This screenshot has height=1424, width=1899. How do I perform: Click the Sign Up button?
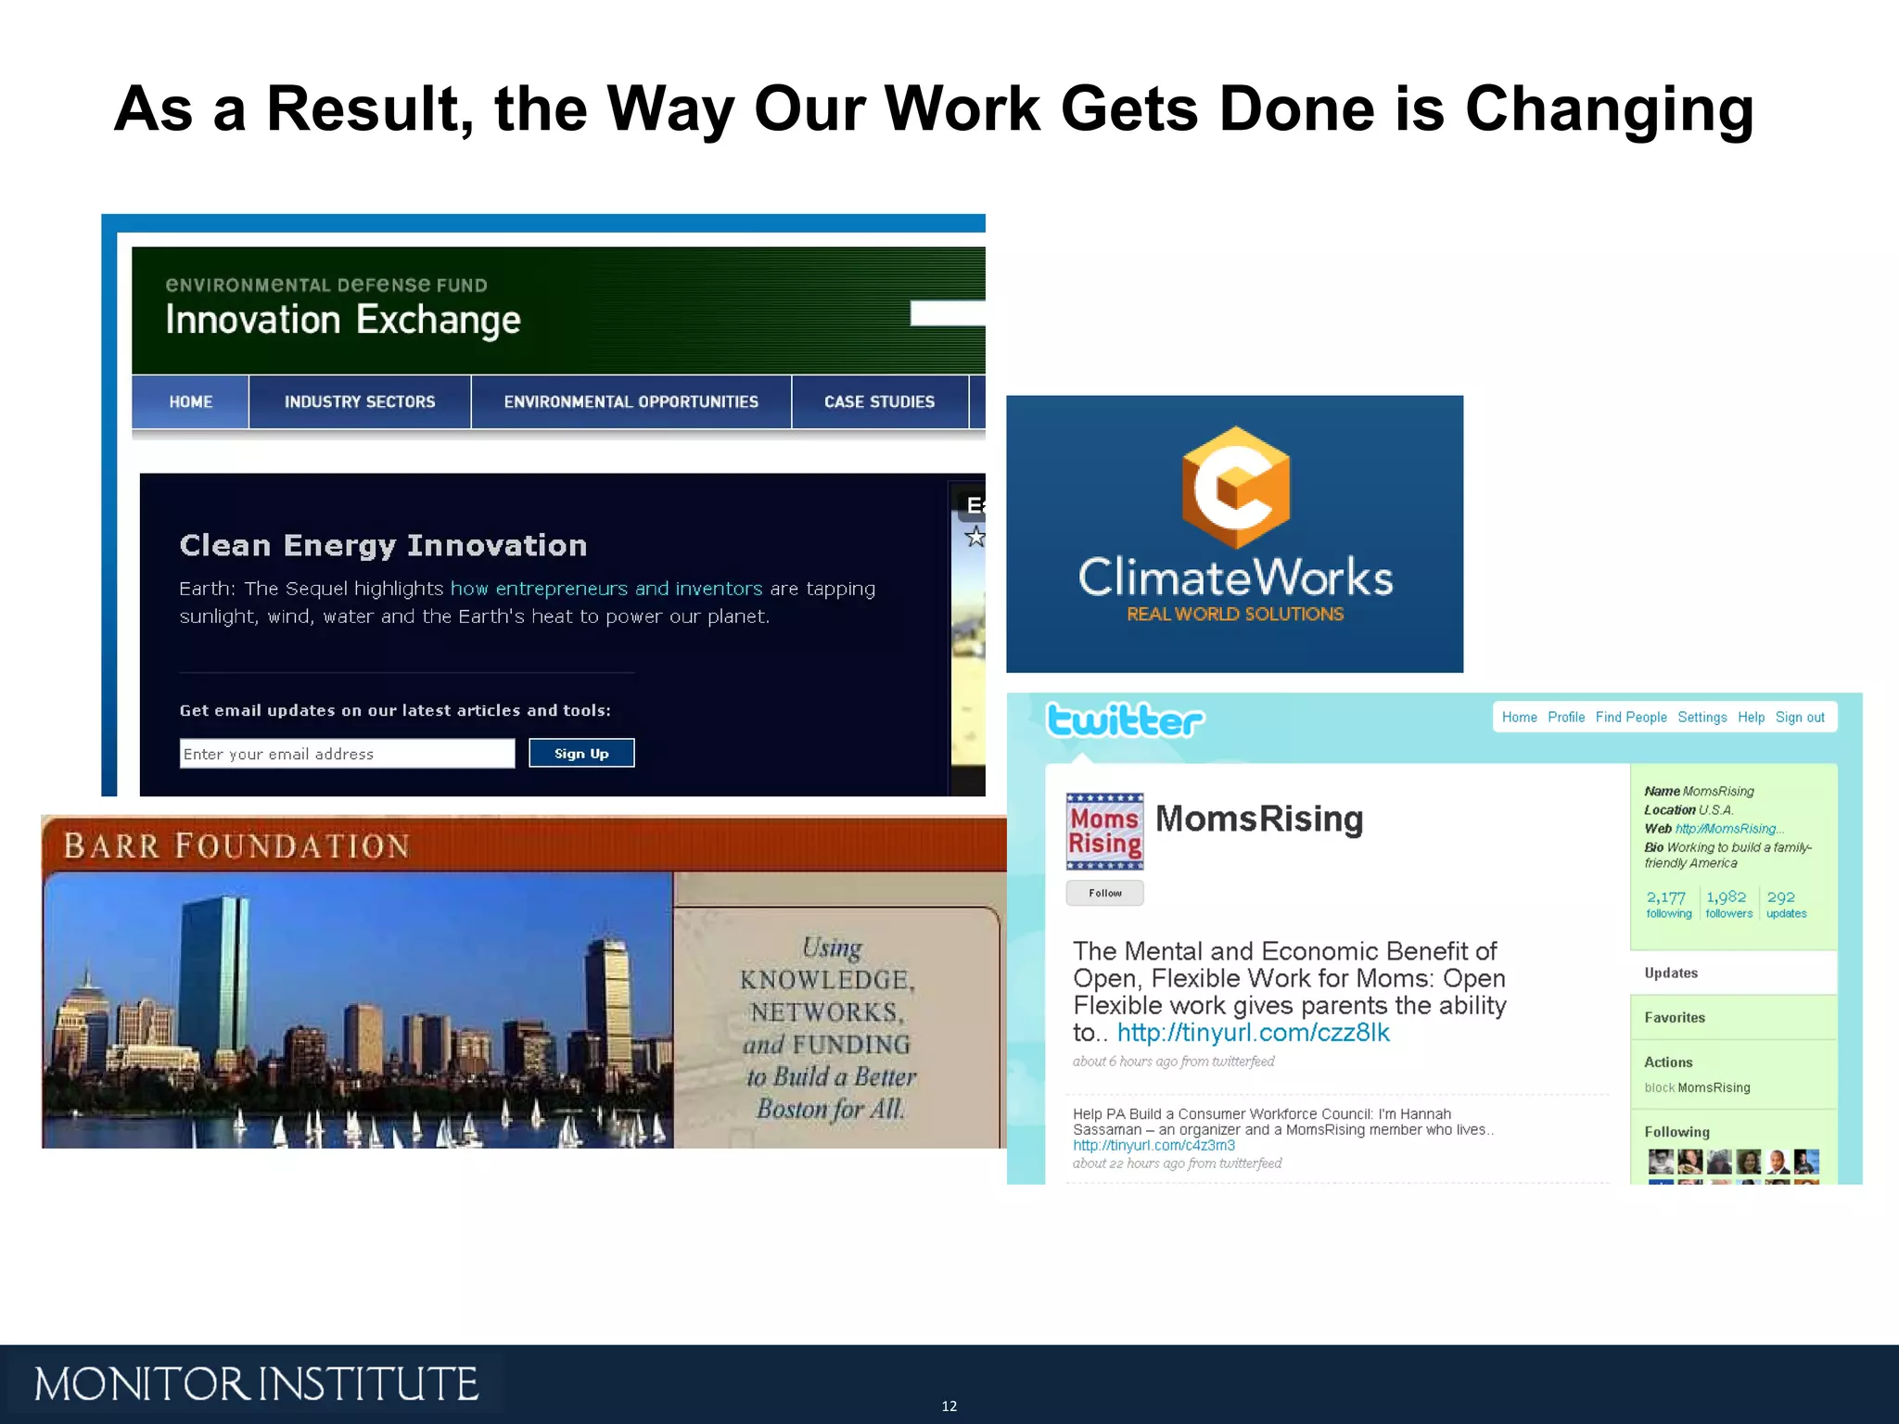(x=581, y=753)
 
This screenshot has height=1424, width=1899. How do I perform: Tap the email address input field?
(x=347, y=754)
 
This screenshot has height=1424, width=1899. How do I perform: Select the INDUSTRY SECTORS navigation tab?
(x=360, y=401)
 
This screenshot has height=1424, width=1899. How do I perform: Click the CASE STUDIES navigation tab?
(x=879, y=401)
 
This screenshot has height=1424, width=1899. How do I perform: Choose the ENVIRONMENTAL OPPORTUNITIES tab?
(x=631, y=401)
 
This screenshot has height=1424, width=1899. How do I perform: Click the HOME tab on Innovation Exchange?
(x=190, y=401)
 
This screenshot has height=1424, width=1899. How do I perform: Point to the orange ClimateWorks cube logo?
(x=1235, y=487)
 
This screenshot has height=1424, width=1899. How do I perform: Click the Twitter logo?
(x=1125, y=720)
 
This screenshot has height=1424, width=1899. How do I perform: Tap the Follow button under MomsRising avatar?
(x=1104, y=893)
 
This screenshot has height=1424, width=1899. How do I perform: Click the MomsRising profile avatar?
(x=1104, y=831)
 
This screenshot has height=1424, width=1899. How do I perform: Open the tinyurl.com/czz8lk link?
(x=1253, y=1033)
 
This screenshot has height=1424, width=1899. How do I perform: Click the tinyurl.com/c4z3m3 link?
(x=1153, y=1146)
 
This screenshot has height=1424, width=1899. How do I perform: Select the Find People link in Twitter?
(x=1631, y=718)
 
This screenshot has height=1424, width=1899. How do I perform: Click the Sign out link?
(x=1800, y=718)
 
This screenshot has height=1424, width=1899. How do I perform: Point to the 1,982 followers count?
(x=1728, y=903)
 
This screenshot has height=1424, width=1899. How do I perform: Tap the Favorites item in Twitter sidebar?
(x=1675, y=1018)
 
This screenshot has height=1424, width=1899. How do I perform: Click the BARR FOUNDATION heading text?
(x=236, y=846)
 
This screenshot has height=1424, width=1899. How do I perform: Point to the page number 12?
(x=949, y=1406)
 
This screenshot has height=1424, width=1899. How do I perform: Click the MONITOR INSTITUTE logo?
(x=256, y=1384)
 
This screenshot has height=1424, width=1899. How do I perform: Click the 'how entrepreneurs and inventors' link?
(x=606, y=589)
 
